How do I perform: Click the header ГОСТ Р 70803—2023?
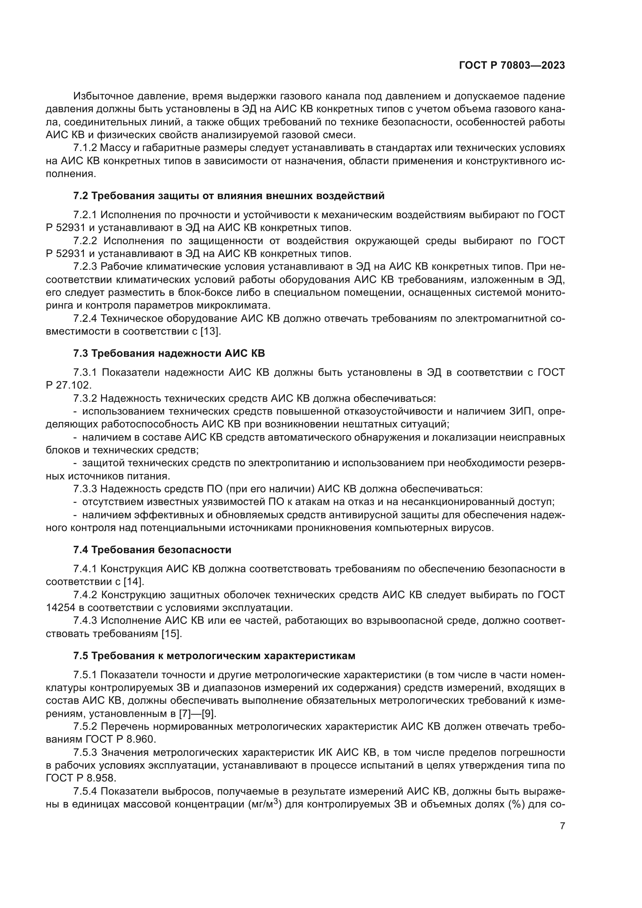[x=512, y=66]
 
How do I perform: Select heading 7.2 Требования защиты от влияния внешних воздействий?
[x=229, y=196]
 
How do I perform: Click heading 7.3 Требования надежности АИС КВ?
[x=169, y=353]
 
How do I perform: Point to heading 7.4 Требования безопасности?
[x=152, y=550]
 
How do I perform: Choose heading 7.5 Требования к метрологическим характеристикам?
[x=214, y=656]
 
